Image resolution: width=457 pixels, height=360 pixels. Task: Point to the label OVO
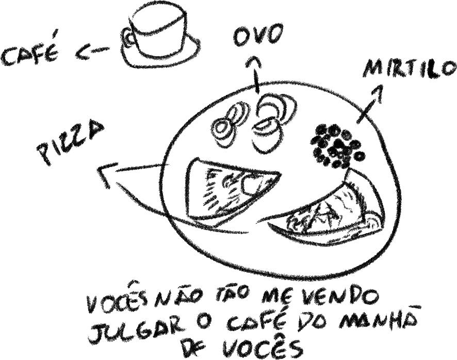[258, 36]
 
